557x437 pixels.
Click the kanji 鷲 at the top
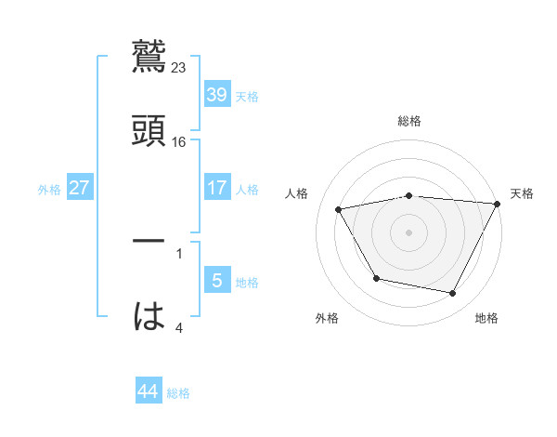(x=149, y=55)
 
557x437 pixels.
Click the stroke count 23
(x=179, y=68)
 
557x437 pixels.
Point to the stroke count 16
(x=179, y=142)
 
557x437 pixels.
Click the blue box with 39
(x=216, y=95)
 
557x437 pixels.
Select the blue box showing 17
(x=216, y=188)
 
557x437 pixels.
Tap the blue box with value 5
(x=216, y=281)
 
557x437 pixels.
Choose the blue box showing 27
(x=80, y=188)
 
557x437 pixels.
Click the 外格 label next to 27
(x=49, y=189)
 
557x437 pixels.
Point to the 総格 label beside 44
(x=178, y=393)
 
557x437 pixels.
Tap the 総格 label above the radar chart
(x=409, y=121)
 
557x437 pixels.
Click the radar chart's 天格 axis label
(x=523, y=193)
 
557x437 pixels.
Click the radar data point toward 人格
(x=339, y=210)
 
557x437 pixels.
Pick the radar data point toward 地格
(x=452, y=294)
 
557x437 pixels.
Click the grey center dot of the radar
(x=409, y=232)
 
